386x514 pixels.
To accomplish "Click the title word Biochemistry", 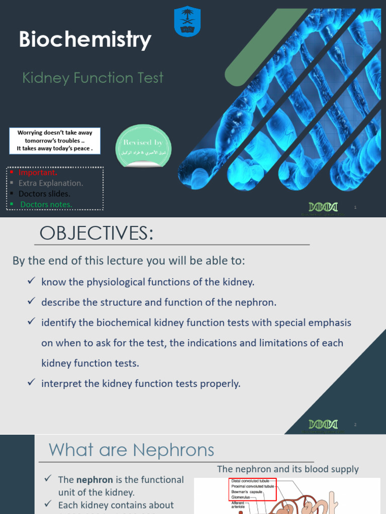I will point(85,40).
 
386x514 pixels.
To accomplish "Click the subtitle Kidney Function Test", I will point(93,78).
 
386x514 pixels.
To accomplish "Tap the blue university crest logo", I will point(187,22).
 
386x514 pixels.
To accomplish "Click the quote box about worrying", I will point(55,141).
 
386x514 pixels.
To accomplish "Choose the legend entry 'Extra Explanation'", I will point(51,183).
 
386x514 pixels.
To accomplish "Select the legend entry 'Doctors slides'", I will point(44,194).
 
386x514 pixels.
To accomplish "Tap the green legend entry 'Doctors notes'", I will point(46,204).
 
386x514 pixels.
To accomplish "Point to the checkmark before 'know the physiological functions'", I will point(31,282).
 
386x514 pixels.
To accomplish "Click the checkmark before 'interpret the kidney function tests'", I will point(31,383).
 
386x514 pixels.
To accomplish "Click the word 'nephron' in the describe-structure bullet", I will point(259,302).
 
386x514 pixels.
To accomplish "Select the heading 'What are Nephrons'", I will point(131,449).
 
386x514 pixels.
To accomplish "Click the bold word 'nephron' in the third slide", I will point(95,480).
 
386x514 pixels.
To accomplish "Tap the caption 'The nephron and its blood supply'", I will point(287,469).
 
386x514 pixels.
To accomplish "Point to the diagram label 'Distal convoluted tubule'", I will point(250,480).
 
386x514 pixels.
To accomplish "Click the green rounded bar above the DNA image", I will point(261,48).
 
